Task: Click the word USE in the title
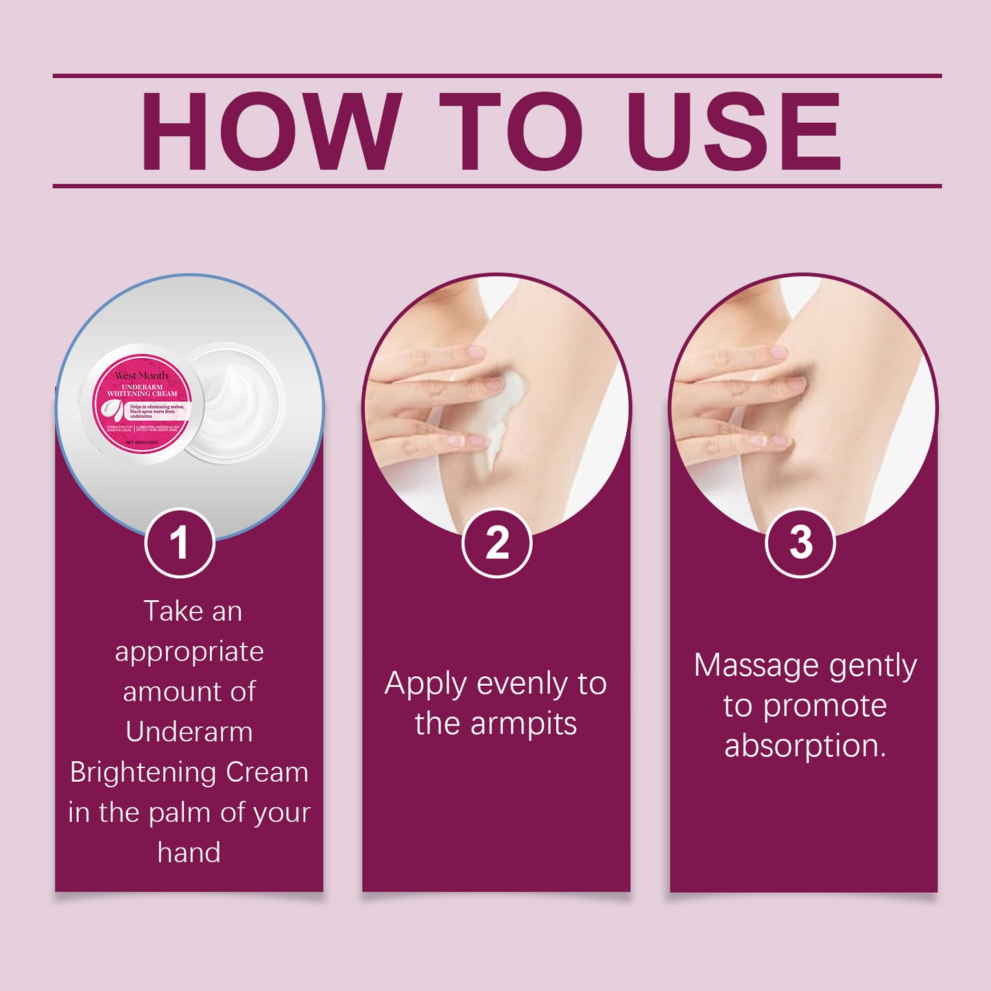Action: point(733,131)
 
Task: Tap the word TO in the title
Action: point(511,131)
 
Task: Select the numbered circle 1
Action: point(180,543)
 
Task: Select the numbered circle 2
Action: point(497,543)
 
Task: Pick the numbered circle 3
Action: point(800,543)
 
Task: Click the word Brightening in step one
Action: point(142,772)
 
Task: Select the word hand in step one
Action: point(189,852)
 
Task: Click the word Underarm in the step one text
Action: point(189,732)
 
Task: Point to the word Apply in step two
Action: point(426,684)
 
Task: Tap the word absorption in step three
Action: point(804,746)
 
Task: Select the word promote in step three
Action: point(825,706)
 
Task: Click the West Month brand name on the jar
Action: point(141,376)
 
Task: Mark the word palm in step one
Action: point(180,813)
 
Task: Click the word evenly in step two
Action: point(522,684)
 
